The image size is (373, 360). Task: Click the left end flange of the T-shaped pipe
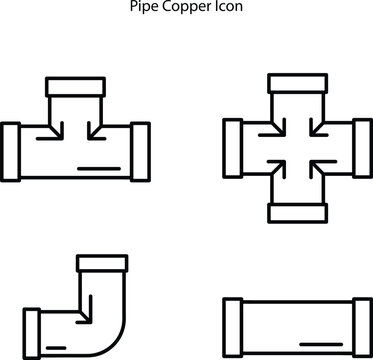tap(12, 151)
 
